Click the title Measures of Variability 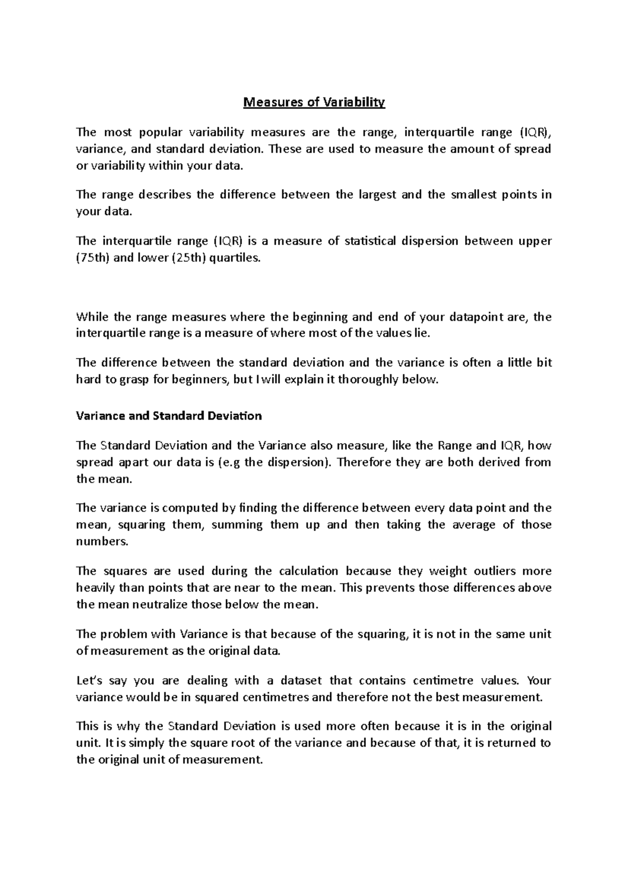314,102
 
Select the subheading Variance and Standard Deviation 169,416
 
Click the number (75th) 93,258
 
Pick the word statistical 370,241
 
